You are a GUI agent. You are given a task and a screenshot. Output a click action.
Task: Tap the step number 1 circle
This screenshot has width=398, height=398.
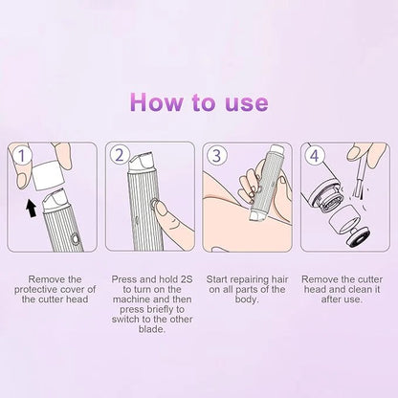click(x=21, y=153)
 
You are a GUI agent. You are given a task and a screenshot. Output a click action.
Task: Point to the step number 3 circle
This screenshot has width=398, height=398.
click(x=215, y=154)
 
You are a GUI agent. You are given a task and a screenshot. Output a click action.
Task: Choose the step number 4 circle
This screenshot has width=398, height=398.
click(x=311, y=154)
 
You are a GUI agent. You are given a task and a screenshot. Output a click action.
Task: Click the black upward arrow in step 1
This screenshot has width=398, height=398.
click(x=31, y=205)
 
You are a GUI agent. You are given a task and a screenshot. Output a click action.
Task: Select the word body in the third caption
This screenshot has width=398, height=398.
click(x=247, y=299)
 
